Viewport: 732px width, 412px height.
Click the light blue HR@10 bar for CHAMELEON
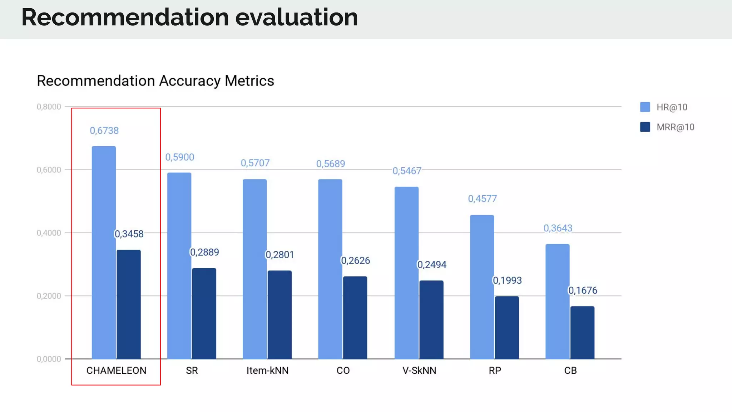tap(104, 252)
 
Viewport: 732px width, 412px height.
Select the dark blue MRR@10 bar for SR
tap(204, 313)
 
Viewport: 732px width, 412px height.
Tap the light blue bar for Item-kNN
tap(255, 269)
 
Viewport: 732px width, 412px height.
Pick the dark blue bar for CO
tap(355, 318)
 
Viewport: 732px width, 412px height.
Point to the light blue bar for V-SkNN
tap(406, 273)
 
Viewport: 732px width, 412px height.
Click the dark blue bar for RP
tap(507, 327)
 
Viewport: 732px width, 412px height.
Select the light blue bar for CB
tap(557, 301)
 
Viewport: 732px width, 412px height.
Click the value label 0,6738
tap(104, 131)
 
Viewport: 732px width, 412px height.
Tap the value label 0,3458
tap(129, 234)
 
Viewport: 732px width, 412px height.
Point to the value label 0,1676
tap(583, 290)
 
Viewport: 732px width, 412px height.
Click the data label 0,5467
tap(407, 171)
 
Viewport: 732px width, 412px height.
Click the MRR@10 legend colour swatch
tap(645, 127)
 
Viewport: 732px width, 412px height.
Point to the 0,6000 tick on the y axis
tap(49, 170)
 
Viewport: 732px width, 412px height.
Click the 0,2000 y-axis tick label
tap(49, 296)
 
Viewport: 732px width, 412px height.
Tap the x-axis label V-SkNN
tap(419, 371)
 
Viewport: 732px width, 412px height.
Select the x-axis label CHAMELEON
tap(116, 371)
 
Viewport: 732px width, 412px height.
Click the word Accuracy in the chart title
tap(190, 81)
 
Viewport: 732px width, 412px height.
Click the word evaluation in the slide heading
tap(296, 17)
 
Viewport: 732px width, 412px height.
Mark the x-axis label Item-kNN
tap(267, 371)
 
